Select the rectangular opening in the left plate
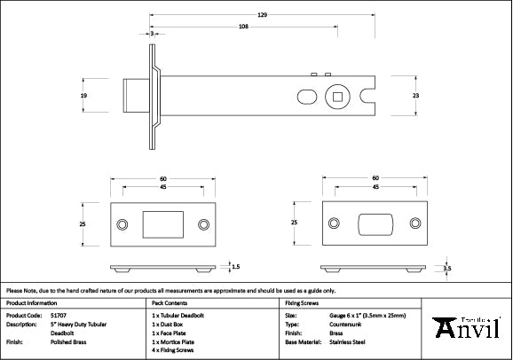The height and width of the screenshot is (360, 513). [162, 224]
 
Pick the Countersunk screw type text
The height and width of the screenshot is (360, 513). [347, 324]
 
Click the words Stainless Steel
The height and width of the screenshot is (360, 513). [348, 340]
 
